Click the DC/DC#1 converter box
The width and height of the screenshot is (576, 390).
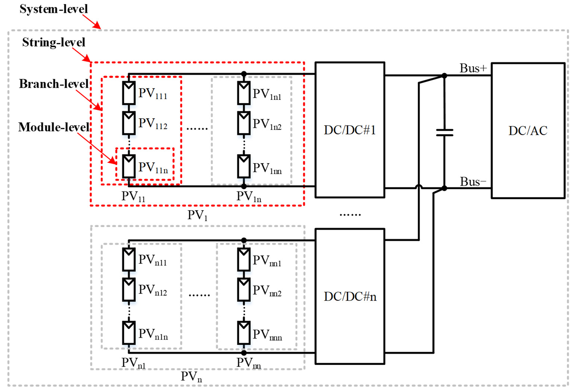(x=350, y=130)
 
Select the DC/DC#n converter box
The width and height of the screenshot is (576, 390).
(x=350, y=296)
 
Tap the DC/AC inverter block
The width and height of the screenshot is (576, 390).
(x=528, y=131)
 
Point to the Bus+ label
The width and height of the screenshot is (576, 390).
(x=473, y=68)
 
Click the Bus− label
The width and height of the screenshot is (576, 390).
(x=473, y=182)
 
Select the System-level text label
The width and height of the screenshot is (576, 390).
(x=54, y=9)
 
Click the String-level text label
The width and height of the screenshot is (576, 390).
(x=54, y=42)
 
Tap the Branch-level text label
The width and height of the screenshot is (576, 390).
(x=54, y=84)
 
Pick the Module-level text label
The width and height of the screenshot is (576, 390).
(x=54, y=127)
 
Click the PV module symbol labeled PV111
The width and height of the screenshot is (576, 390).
(x=129, y=93)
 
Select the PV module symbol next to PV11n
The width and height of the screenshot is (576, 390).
(x=129, y=166)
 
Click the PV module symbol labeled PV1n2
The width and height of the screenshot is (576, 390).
(x=244, y=123)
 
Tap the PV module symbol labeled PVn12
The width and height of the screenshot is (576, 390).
(x=129, y=289)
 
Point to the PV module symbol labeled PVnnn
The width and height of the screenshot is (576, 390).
(x=244, y=333)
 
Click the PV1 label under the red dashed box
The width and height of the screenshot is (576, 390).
(x=197, y=215)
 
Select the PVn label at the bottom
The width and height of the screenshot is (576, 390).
(x=191, y=376)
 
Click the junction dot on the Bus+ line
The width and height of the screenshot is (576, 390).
(x=444, y=75)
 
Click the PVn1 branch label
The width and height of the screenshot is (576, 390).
(x=133, y=363)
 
